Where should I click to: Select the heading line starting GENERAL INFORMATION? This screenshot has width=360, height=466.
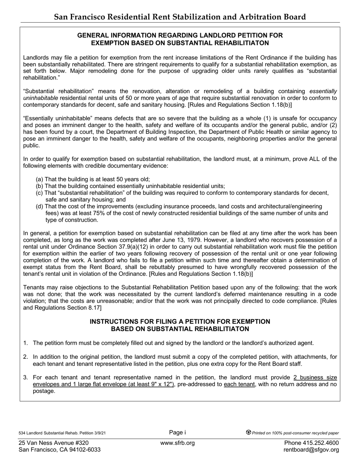[180, 35]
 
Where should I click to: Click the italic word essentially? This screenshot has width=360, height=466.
[323, 91]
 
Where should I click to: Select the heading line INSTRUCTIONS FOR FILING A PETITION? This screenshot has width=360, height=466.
[180, 322]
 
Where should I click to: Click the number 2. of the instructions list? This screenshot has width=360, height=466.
[26, 357]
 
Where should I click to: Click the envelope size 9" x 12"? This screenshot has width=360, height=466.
[158, 385]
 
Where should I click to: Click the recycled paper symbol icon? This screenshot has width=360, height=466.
[249, 433]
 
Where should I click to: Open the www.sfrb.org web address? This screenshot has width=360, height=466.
[177, 443]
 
